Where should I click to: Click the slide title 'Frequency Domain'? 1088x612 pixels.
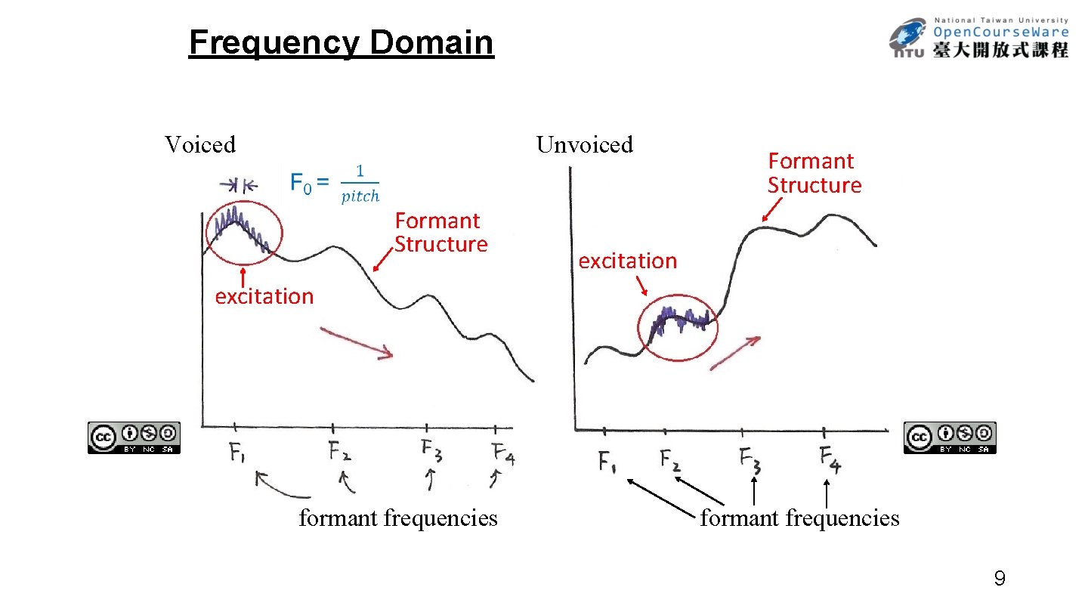pos(341,43)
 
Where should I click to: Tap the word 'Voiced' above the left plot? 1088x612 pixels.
pos(200,144)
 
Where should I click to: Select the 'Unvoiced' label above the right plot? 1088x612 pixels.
pos(584,144)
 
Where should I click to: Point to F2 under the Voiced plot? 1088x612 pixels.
pos(339,452)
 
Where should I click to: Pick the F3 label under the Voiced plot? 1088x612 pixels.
pos(431,452)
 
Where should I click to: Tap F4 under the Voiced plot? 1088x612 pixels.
pos(503,454)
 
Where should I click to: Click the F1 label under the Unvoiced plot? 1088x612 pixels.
pos(607,461)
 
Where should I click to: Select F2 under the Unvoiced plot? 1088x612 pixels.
pos(669,459)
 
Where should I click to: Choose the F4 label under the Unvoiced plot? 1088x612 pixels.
pos(829,459)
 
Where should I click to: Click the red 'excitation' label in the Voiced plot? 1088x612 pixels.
pos(264,296)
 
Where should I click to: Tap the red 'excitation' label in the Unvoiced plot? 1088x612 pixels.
pos(627,261)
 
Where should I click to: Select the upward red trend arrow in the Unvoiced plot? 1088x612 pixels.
pos(734,353)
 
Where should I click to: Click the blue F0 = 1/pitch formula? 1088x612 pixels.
pos(335,184)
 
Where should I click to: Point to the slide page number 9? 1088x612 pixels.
pos(999,580)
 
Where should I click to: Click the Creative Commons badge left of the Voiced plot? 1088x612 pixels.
pos(134,437)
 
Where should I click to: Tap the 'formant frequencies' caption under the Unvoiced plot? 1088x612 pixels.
pos(799,518)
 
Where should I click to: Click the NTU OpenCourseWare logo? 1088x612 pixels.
pos(978,38)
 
